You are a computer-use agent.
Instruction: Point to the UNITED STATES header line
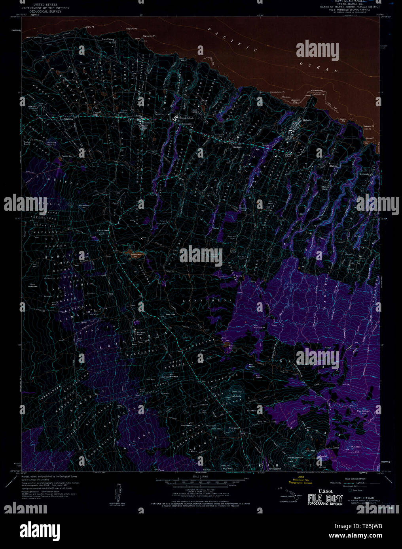pos(46,4)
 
